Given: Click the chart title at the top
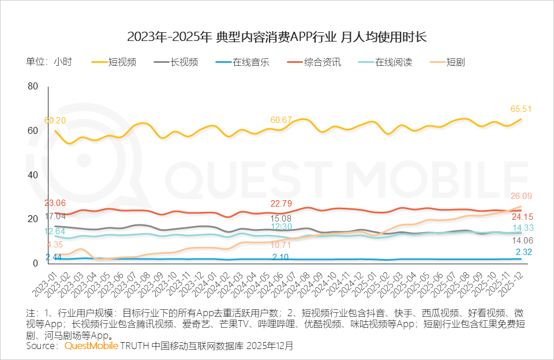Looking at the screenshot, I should pyautogui.click(x=276, y=37).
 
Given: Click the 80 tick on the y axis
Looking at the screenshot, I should pyautogui.click(x=32, y=87).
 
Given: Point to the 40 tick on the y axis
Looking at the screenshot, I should pyautogui.click(x=32, y=175).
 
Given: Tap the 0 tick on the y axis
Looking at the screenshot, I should pyautogui.click(x=35, y=264).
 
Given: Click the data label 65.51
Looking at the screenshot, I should pyautogui.click(x=521, y=108).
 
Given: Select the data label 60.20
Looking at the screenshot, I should pyautogui.click(x=55, y=121).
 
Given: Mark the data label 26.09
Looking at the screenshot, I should pyautogui.click(x=521, y=196).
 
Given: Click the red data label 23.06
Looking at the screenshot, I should pyautogui.click(x=55, y=203).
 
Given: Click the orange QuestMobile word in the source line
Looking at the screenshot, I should pyautogui.click(x=91, y=346).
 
